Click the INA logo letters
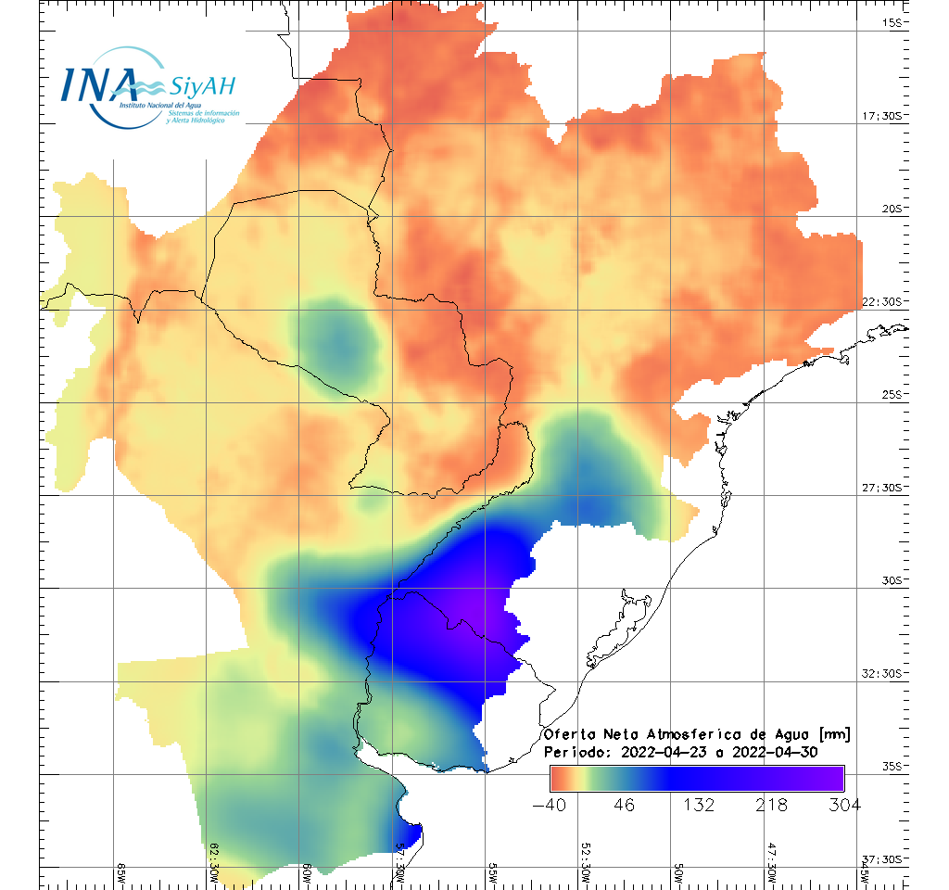point(99,84)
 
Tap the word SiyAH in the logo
point(202,87)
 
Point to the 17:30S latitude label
point(884,116)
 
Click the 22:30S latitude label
point(884,302)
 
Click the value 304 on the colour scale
point(844,805)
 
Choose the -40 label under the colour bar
point(550,805)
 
